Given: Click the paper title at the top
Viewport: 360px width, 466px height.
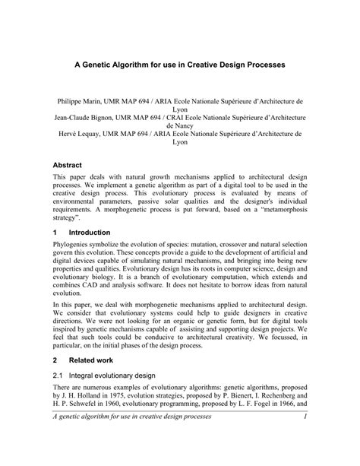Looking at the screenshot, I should coord(180,66).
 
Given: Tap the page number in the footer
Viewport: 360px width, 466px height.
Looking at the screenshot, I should coord(302,446).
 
